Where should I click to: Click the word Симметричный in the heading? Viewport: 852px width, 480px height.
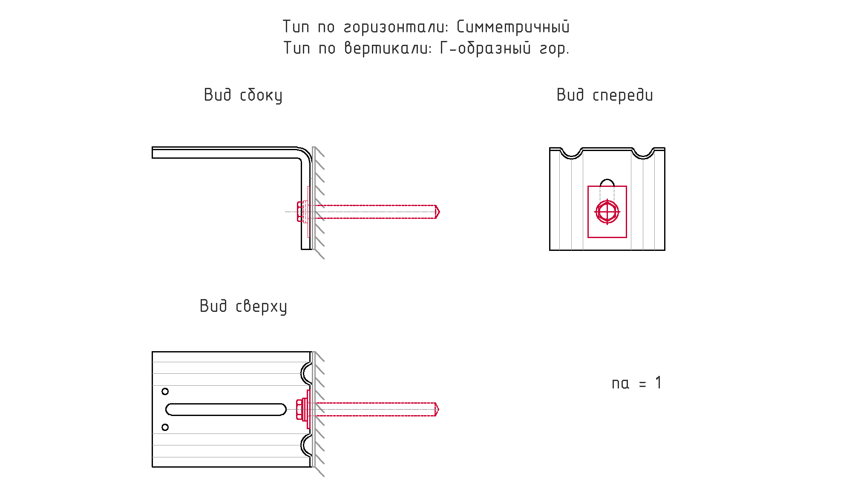coord(513,27)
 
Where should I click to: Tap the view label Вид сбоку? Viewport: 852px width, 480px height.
coord(243,95)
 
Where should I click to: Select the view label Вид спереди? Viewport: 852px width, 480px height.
coord(604,95)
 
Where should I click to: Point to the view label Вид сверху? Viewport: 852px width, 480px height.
coord(243,306)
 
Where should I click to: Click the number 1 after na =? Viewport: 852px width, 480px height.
coord(659,383)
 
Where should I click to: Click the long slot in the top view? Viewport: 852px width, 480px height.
coord(226,409)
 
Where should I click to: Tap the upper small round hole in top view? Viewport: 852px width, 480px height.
coord(165,391)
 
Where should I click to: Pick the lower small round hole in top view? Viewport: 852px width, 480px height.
coord(165,427)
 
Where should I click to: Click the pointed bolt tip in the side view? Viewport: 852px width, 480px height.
coord(439,212)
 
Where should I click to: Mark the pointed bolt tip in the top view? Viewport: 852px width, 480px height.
coord(438,409)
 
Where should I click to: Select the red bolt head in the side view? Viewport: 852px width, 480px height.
coord(300,212)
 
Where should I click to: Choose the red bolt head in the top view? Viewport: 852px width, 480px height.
coord(299,409)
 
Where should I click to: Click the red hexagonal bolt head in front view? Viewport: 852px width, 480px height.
coord(607,212)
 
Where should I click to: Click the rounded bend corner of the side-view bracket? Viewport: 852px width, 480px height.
coord(306,153)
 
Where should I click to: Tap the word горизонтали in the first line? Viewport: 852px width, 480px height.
coord(396,27)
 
